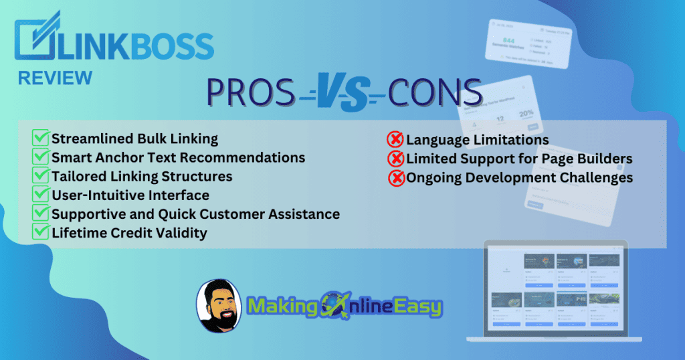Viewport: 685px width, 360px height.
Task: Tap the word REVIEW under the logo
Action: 55,78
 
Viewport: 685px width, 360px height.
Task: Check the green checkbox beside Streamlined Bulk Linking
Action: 41,139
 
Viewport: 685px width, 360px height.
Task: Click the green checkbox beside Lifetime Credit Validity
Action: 41,233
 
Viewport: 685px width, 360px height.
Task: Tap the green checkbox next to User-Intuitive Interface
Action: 41,195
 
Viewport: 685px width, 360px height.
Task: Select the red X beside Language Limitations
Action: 395,140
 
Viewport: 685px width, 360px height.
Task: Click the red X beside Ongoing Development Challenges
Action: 395,178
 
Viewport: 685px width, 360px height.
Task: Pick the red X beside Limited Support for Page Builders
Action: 395,159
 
